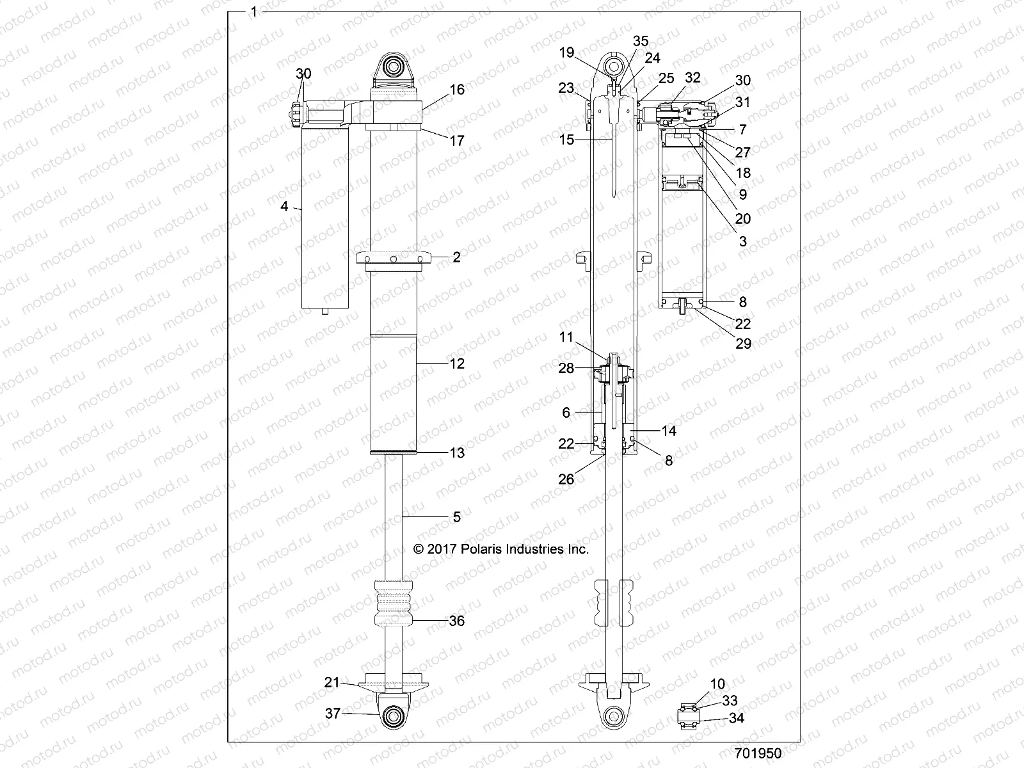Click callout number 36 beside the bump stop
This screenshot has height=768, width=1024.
[456, 621]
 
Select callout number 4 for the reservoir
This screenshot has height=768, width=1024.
[285, 207]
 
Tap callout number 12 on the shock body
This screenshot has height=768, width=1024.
[457, 364]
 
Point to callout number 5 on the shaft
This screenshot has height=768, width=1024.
[456, 516]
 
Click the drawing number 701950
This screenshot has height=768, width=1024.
[758, 753]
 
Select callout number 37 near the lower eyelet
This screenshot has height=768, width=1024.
[332, 713]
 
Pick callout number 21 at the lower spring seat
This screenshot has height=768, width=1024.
[332, 683]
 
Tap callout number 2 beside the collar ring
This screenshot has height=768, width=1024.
[456, 257]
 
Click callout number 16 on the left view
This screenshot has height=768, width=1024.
[457, 90]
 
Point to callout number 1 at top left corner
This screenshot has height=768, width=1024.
[255, 11]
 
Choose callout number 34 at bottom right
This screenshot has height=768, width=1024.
[737, 718]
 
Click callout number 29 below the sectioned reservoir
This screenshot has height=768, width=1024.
[743, 344]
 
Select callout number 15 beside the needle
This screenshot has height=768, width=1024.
[566, 140]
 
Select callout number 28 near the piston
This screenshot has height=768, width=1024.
[566, 368]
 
